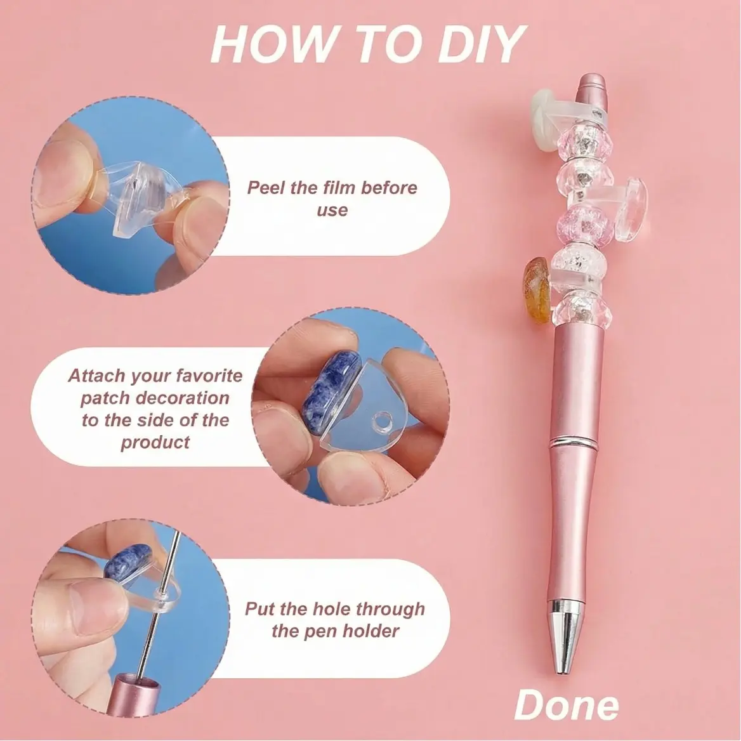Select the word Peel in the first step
point(267,188)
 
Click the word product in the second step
point(155,443)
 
